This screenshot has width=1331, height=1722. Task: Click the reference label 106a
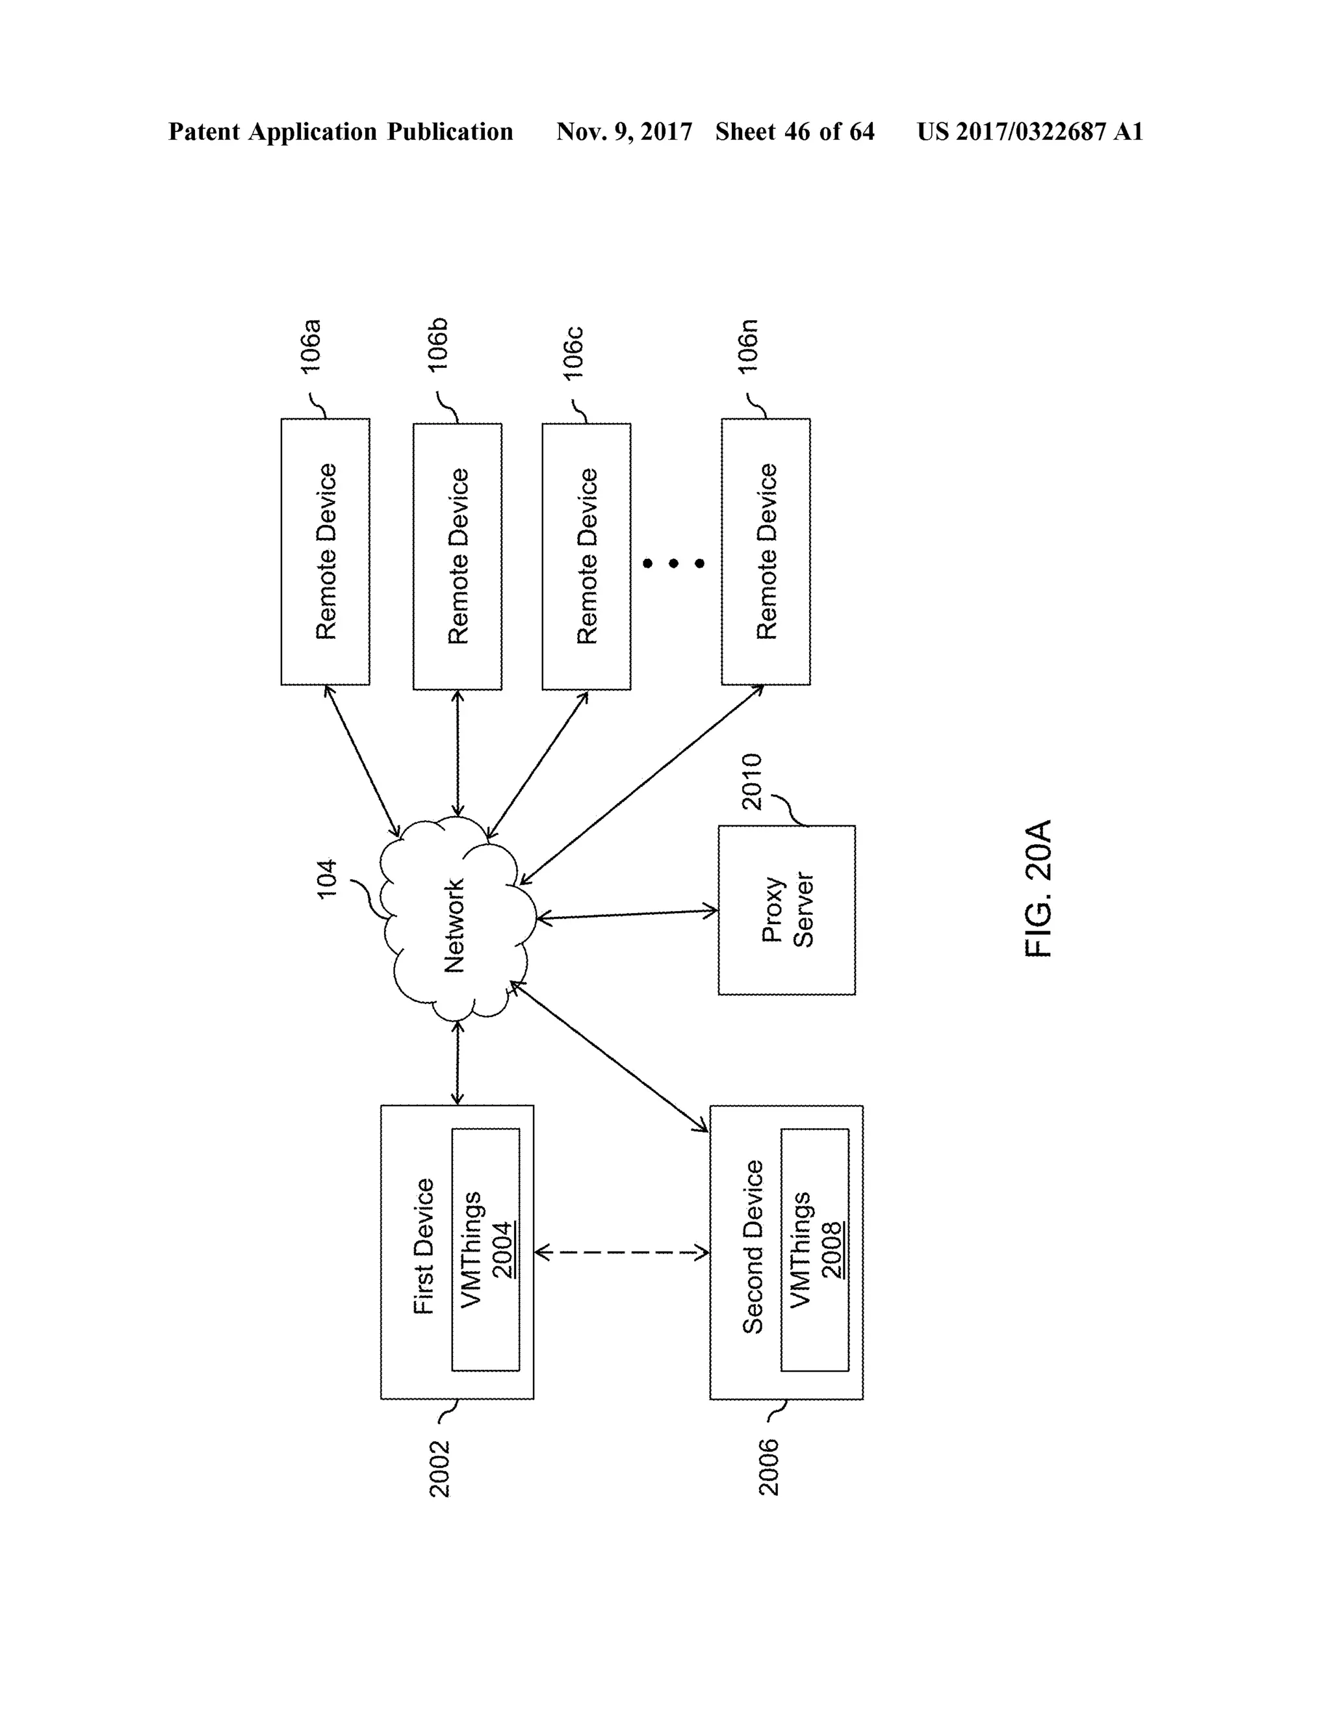point(311,346)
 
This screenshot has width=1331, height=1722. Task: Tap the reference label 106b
point(439,344)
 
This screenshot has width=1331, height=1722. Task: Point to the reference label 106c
point(573,353)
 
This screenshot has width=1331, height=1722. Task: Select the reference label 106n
point(747,347)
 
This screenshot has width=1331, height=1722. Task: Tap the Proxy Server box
point(786,910)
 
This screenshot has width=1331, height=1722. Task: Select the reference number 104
point(326,879)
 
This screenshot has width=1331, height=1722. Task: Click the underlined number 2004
point(502,1250)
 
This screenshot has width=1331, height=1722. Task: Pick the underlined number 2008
point(831,1250)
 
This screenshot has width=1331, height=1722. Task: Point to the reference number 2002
point(439,1468)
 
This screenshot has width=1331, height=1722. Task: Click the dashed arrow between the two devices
point(621,1252)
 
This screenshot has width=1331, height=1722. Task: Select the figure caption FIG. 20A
point(1039,888)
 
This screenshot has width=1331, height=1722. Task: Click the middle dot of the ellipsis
point(673,563)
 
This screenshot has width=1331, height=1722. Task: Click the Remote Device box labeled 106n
point(766,552)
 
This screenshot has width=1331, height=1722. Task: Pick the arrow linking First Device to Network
point(458,1063)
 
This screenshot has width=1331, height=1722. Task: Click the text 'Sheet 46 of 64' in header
point(795,132)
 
